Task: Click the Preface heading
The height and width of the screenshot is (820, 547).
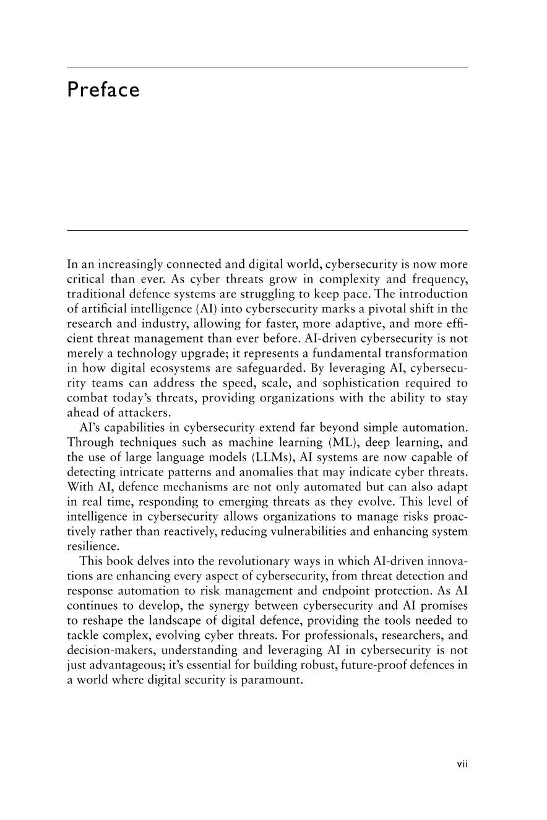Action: click(103, 90)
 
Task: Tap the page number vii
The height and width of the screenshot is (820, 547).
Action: click(462, 764)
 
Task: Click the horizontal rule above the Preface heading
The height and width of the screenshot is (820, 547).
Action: click(267, 67)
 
